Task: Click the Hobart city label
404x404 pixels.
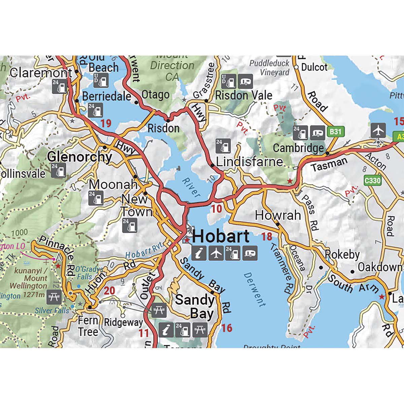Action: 221,236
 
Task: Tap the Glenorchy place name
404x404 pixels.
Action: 79,157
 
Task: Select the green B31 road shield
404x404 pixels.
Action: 335,132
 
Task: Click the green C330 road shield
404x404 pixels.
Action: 373,181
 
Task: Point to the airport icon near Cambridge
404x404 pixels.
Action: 379,130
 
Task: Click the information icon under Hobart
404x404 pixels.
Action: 199,253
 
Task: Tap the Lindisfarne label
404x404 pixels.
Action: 249,162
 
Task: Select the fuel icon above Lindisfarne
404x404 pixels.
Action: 223,146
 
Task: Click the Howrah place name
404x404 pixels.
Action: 278,215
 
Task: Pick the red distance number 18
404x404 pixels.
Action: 267,237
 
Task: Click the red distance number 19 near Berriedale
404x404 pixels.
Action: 106,123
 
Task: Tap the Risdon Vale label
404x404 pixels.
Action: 243,96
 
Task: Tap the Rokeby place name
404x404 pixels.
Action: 342,255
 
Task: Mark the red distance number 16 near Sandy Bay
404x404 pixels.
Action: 227,328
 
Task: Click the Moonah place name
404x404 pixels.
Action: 113,184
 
